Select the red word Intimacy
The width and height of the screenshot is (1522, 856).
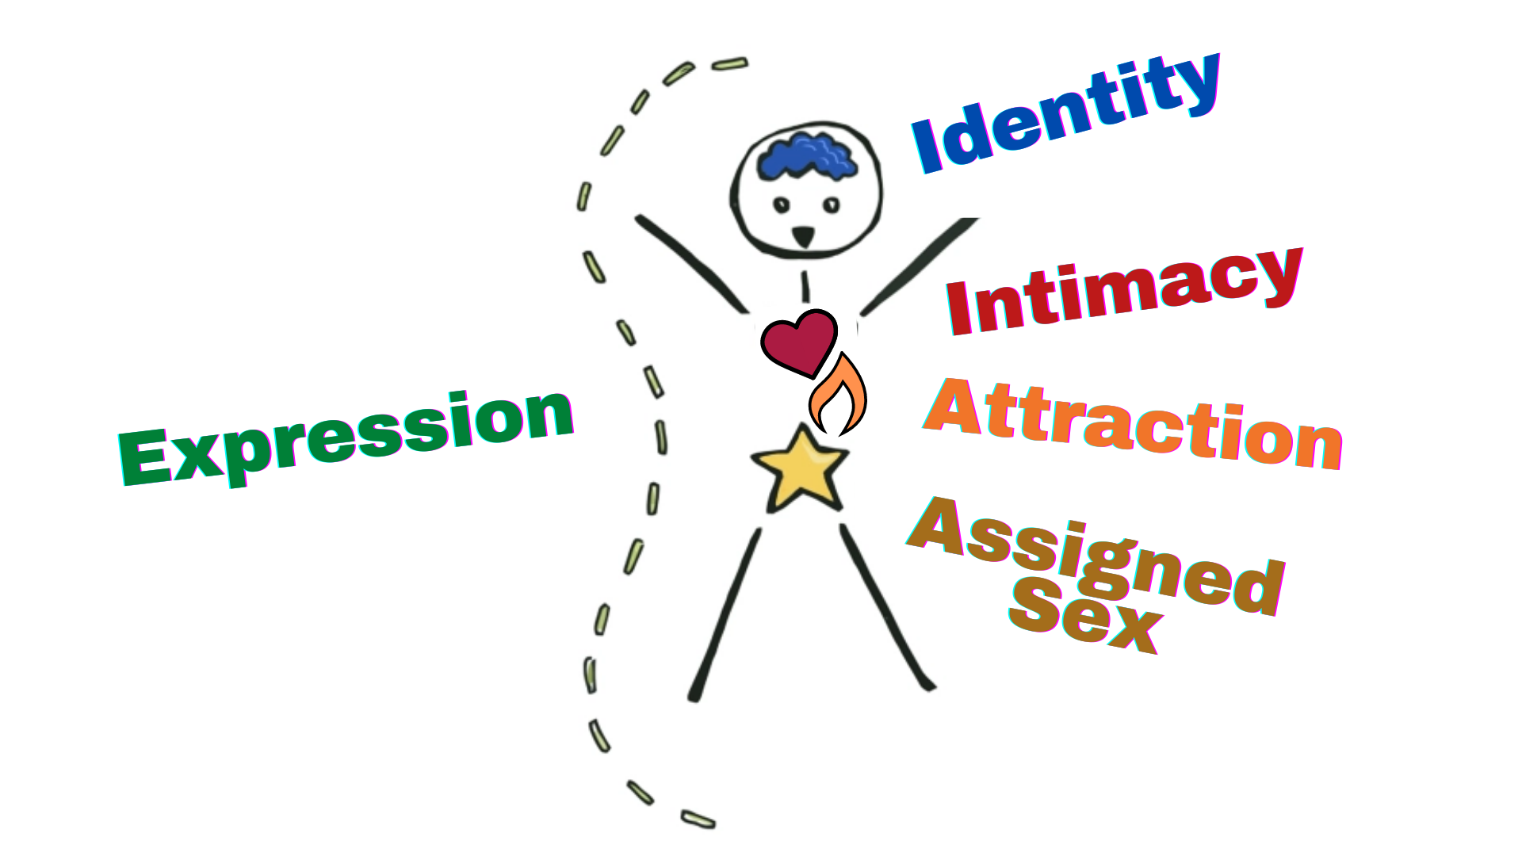click(x=1124, y=292)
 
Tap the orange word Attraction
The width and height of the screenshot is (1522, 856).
click(x=1134, y=424)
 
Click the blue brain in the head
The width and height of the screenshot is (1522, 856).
click(x=807, y=156)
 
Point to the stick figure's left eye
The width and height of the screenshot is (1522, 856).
click(x=782, y=205)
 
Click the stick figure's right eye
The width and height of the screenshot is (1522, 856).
click(x=831, y=205)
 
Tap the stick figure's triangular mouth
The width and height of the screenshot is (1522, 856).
click(x=803, y=235)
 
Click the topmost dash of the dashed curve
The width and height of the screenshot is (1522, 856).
click(x=729, y=63)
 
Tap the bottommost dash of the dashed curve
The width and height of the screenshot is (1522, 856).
click(x=698, y=820)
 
